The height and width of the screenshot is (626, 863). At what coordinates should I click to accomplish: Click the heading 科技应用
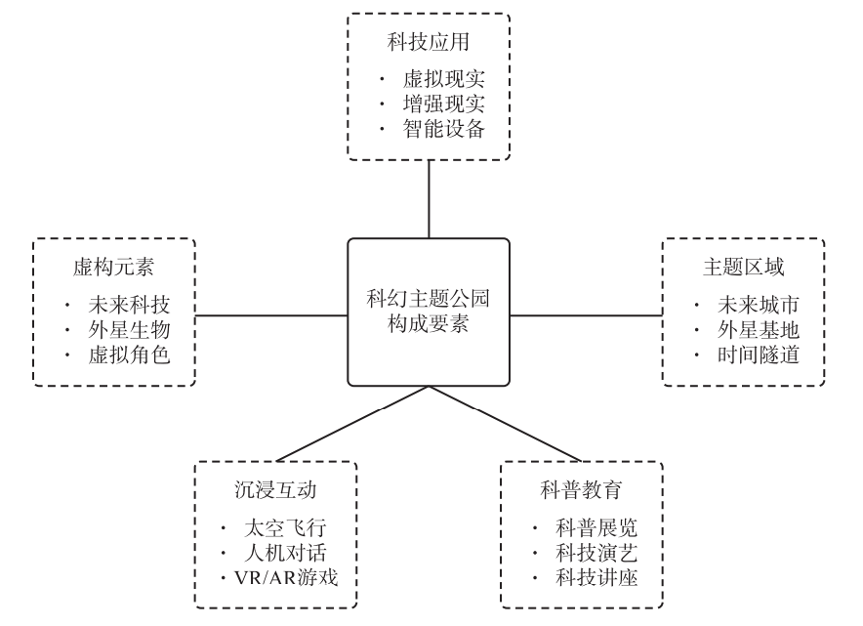click(429, 43)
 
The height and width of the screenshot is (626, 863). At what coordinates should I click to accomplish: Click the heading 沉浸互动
click(276, 490)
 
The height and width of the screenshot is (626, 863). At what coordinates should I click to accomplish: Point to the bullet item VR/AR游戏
click(289, 577)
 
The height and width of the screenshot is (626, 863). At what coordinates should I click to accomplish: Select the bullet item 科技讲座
click(596, 577)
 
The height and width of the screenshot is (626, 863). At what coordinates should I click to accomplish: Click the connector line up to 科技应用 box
click(429, 198)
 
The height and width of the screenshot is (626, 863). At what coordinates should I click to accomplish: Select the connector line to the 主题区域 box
click(586, 314)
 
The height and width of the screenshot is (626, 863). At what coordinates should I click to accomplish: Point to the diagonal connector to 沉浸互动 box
click(351, 423)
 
